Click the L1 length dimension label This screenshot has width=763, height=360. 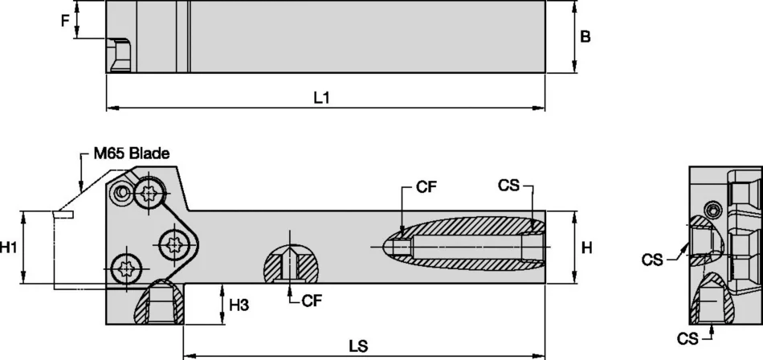pyautogui.click(x=322, y=97)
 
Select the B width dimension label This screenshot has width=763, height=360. pyautogui.click(x=586, y=37)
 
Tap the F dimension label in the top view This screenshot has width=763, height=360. pyautogui.click(x=65, y=21)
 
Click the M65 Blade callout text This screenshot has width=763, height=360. pyautogui.click(x=130, y=153)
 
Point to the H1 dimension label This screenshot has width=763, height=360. pyautogui.click(x=10, y=248)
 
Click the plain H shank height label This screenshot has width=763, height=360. pyautogui.click(x=587, y=248)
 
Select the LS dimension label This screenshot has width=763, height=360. pyautogui.click(x=358, y=346)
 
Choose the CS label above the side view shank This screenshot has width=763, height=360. pyautogui.click(x=508, y=186)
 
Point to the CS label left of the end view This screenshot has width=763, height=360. pyautogui.click(x=653, y=259)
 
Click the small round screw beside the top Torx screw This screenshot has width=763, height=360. pyautogui.click(x=121, y=193)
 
